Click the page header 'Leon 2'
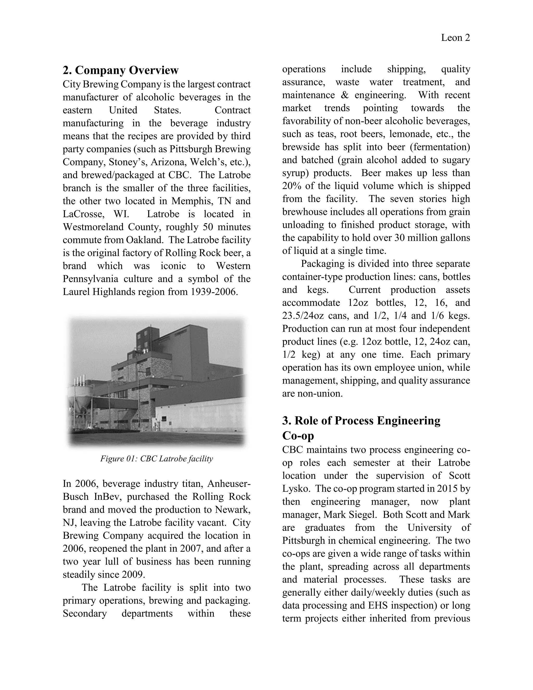[x=455, y=38]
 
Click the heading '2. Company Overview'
[x=120, y=70]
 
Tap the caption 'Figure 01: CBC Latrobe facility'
[x=157, y=459]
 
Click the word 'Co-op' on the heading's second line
[x=298, y=436]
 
